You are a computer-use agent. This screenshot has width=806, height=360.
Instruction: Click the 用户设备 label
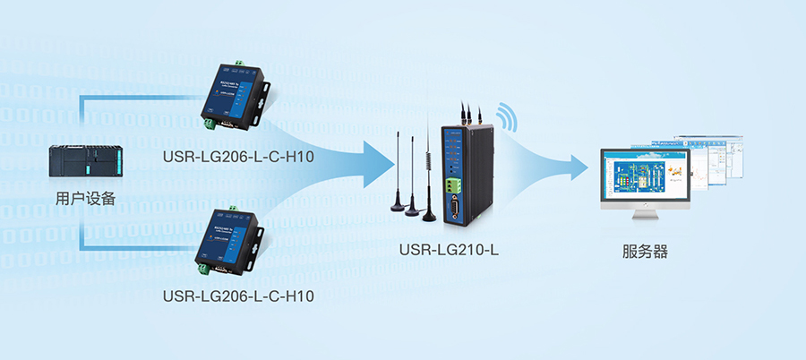[85, 199]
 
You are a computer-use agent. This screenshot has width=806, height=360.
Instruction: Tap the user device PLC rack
[85, 161]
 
